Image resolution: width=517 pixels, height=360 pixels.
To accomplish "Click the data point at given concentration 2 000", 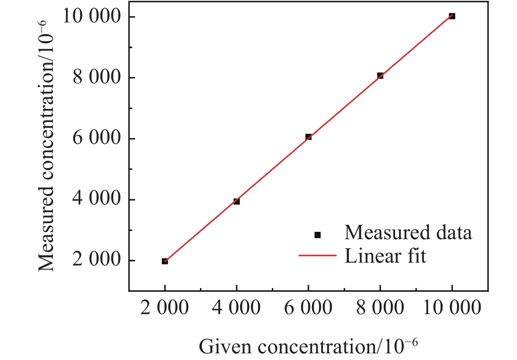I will (x=165, y=261).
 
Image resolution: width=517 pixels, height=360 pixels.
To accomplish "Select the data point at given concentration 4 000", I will (x=237, y=201).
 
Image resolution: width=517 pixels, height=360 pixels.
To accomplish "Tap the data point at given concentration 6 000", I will (x=308, y=137).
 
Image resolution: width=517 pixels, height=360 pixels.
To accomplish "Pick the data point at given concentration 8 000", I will (x=380, y=76).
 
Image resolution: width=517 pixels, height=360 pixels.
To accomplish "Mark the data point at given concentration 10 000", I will (x=452, y=16).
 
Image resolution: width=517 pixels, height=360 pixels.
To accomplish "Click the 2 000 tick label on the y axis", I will (x=96, y=260).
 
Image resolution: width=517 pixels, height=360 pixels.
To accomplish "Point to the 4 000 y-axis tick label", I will (x=96, y=199).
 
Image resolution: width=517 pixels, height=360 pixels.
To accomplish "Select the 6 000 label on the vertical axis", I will (x=96, y=138).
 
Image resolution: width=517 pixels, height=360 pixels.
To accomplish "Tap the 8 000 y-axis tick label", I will (x=96, y=77).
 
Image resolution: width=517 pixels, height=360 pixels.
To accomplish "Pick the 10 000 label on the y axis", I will (x=91, y=16).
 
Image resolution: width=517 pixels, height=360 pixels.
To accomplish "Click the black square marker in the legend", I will (x=318, y=235).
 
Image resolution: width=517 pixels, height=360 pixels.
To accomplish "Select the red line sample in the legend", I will (x=317, y=256).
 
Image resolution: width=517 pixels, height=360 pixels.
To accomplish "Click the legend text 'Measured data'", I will (x=408, y=233).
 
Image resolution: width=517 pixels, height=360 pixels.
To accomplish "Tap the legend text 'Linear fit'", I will (x=385, y=256).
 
